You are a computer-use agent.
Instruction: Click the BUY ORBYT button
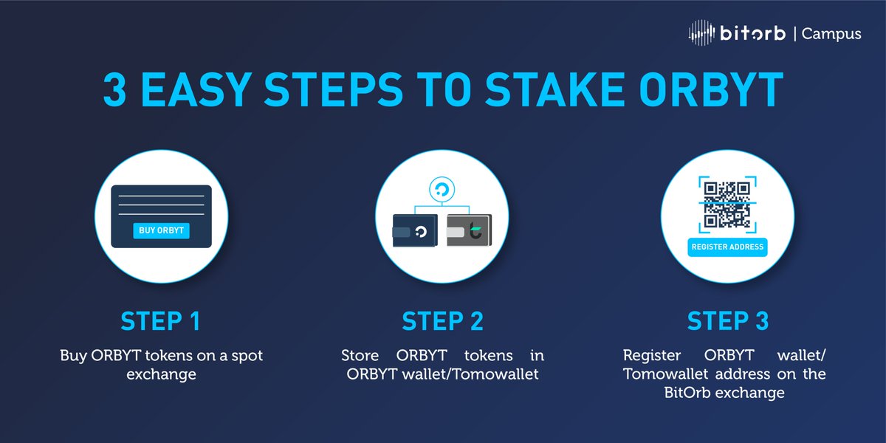tap(162, 230)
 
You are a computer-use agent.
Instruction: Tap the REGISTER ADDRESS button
tap(727, 247)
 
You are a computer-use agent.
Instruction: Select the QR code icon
tap(727, 205)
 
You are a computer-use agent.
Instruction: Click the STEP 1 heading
tap(161, 321)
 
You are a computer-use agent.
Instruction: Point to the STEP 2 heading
tap(443, 321)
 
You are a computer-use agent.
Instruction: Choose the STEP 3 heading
tap(727, 321)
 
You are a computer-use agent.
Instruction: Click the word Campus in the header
tap(831, 34)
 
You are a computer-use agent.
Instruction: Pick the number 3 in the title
tap(114, 90)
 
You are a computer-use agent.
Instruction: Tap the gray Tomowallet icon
tap(470, 231)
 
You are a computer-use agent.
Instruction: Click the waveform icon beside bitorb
tap(701, 33)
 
